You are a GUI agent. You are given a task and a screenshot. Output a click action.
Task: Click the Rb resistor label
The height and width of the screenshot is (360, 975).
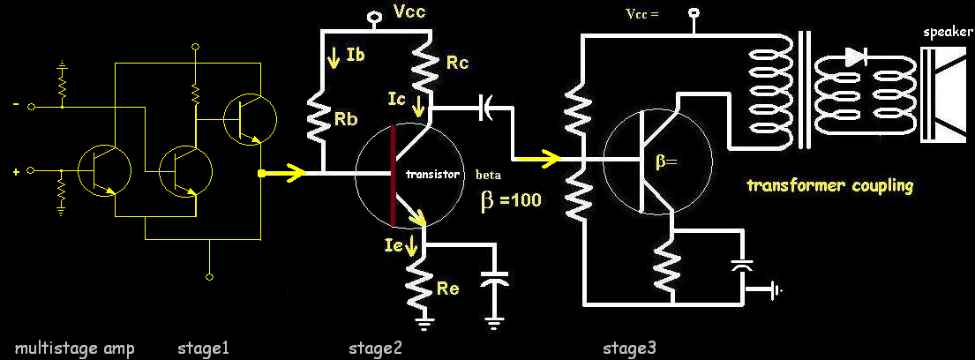pos(349,121)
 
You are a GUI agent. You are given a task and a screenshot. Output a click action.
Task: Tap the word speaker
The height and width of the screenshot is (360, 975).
pos(947,32)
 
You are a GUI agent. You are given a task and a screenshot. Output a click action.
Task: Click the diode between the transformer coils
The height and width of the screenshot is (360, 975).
pos(854,57)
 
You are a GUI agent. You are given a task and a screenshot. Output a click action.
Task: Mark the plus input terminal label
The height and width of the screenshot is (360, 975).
pos(15,170)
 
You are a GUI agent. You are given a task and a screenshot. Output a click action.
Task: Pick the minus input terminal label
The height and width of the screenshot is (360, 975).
pos(15,105)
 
